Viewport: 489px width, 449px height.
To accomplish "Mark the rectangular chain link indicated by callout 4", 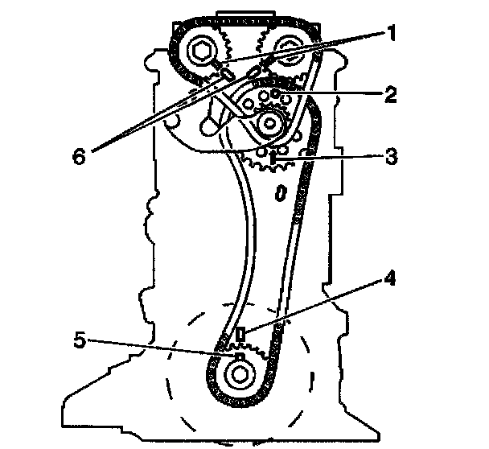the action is click(x=240, y=334).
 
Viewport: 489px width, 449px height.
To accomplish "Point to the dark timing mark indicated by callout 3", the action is click(x=273, y=158).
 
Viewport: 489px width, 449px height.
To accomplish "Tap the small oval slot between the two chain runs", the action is click(x=280, y=193).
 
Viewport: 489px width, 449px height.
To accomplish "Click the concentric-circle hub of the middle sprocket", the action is click(x=272, y=125).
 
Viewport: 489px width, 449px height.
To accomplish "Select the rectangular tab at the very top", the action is click(x=241, y=13).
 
